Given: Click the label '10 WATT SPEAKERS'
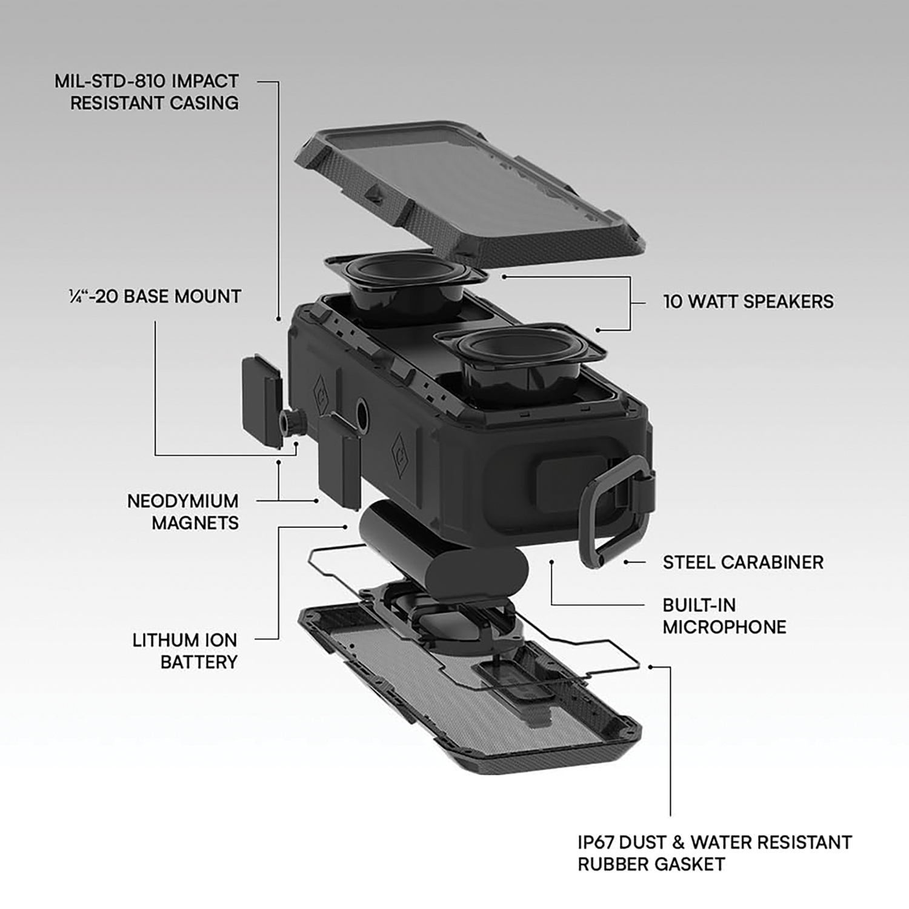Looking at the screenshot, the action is coord(748,301).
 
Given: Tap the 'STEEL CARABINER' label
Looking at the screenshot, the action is coord(743,562).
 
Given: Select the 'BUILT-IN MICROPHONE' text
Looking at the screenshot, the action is coord(724,616).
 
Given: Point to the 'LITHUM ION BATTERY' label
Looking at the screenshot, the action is coord(185,651).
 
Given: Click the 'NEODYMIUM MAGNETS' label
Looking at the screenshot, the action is coord(183,511).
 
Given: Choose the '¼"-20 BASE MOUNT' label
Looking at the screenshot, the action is coord(155,296).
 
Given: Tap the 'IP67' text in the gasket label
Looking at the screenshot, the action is coord(599,842).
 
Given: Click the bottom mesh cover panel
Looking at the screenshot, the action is coord(470,685).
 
